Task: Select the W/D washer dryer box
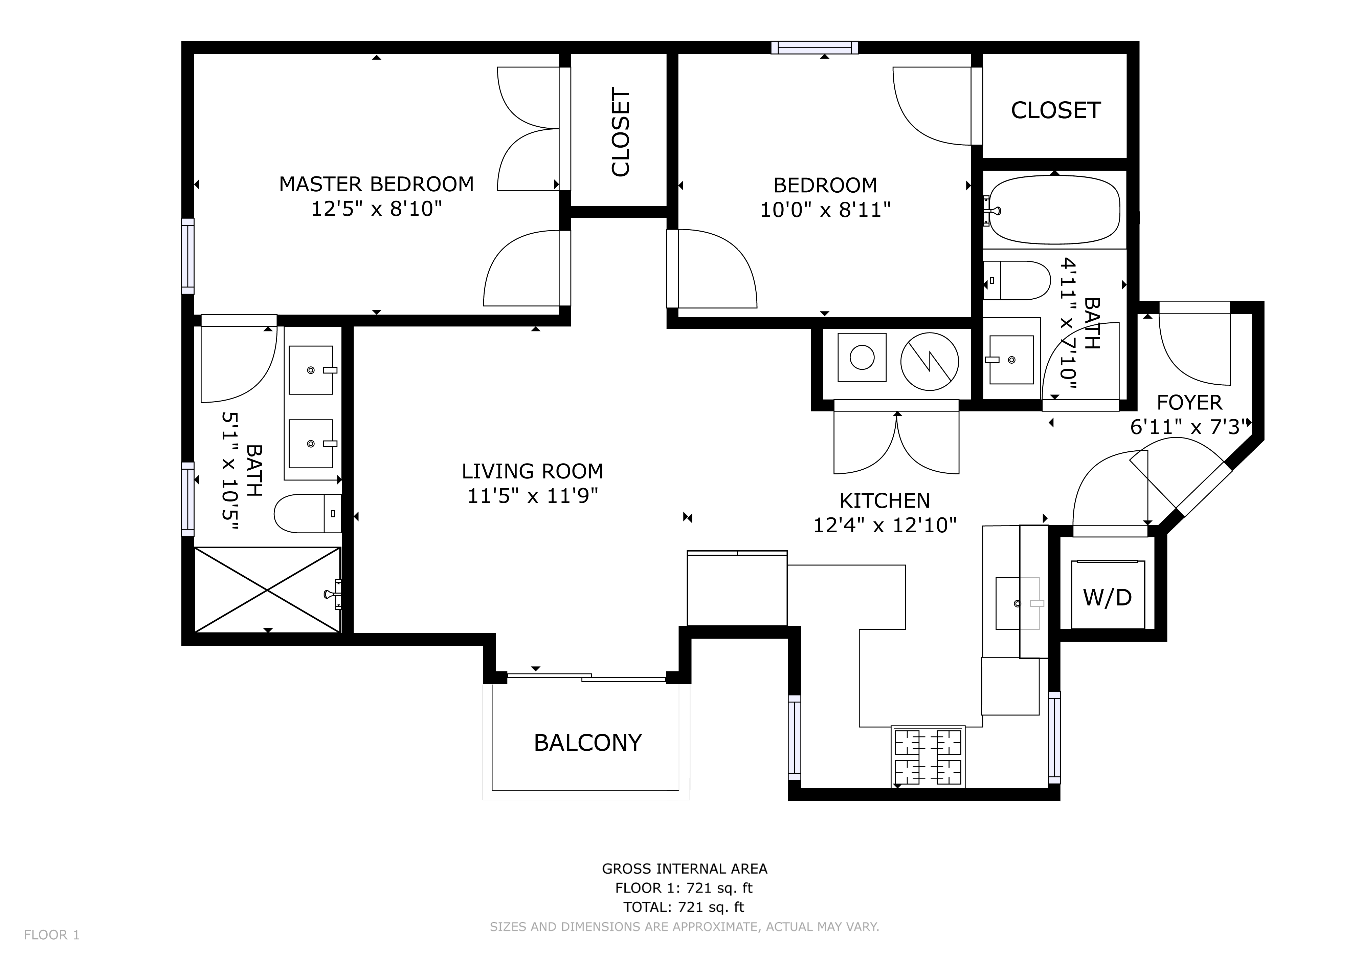[x=1108, y=594]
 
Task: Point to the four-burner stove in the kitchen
[x=928, y=757]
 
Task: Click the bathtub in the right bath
[x=1054, y=210]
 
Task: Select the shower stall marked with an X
[x=268, y=590]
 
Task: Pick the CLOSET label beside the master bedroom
[x=620, y=132]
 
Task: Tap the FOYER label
[x=1189, y=403]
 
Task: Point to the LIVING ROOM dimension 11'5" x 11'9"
[x=533, y=496]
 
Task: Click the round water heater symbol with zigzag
[x=930, y=361]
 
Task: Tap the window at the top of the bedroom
[x=815, y=47]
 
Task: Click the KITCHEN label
[x=885, y=501]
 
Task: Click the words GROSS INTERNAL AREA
[x=685, y=869]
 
